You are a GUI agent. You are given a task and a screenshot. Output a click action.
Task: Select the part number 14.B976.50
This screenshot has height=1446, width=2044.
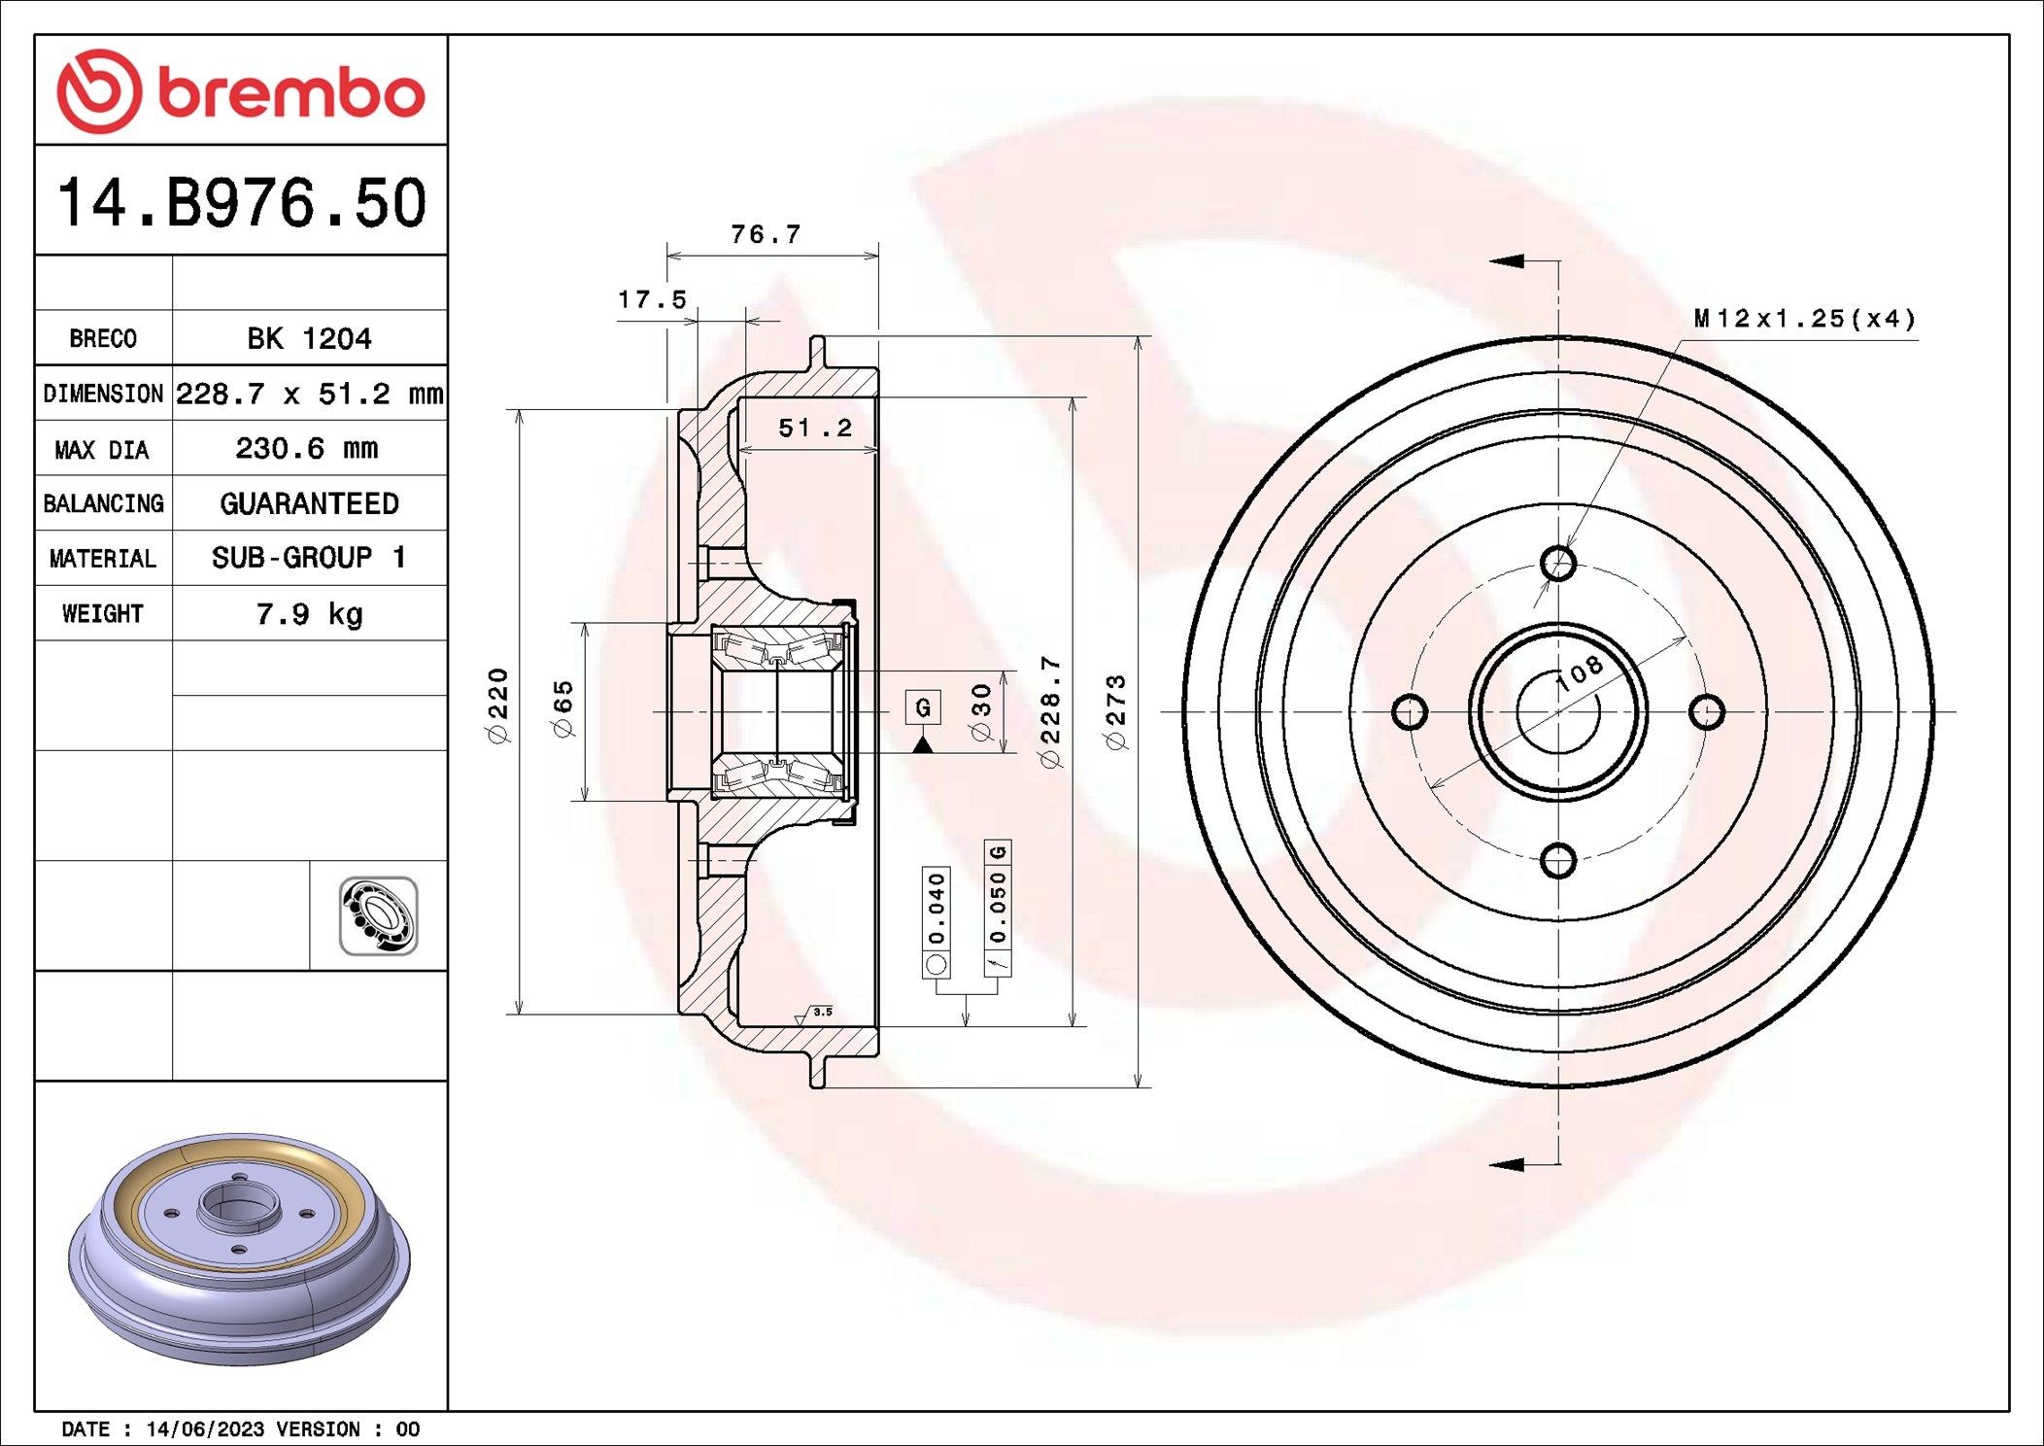tap(242, 203)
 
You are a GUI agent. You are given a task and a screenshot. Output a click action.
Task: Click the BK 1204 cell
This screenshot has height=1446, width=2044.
tap(309, 338)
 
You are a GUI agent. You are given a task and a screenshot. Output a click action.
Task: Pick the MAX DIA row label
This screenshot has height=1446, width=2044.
tap(102, 449)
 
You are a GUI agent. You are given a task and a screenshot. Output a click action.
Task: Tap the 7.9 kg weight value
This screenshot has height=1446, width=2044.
tap(309, 613)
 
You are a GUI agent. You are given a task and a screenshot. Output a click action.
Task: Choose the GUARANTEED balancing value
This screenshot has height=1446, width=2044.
tap(309, 503)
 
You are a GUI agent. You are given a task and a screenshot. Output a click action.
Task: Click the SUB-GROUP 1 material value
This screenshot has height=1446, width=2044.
tap(309, 558)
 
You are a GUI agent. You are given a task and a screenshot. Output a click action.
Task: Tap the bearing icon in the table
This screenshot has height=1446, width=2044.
tap(378, 915)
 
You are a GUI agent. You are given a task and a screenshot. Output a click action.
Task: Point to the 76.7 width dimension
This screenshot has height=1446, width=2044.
tap(766, 234)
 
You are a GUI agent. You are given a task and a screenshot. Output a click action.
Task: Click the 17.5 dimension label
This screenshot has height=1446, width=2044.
tap(652, 299)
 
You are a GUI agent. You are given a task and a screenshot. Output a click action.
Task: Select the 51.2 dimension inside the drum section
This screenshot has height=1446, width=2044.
tap(814, 428)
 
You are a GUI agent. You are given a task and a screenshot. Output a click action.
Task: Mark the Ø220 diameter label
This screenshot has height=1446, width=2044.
tap(498, 706)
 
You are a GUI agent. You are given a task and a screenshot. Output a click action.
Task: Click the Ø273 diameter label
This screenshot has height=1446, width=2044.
tap(1116, 712)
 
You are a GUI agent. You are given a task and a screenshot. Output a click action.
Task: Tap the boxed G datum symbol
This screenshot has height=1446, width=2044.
tap(923, 707)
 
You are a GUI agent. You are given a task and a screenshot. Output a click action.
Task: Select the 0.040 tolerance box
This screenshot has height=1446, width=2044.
tap(937, 908)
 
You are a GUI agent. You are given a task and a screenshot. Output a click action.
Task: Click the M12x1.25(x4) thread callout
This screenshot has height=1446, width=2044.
tap(1805, 319)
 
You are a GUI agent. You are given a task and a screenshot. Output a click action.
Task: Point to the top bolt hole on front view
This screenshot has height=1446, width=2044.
tap(1557, 563)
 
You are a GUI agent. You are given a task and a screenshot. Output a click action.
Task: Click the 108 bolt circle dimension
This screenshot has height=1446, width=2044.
tap(1580, 672)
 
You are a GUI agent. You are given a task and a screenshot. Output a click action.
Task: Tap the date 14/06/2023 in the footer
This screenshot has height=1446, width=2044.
tap(204, 1429)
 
